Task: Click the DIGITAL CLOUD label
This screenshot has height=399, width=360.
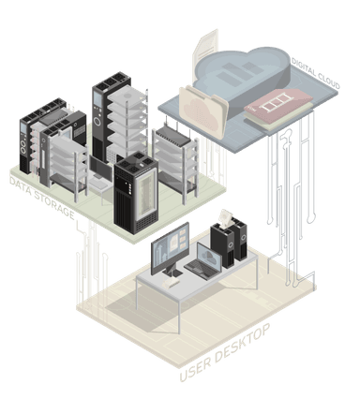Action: [316, 74]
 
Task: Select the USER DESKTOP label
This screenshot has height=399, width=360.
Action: [225, 353]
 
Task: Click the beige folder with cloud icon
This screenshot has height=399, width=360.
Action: [203, 113]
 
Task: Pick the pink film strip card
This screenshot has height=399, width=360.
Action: [278, 104]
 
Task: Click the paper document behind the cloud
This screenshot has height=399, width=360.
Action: [205, 47]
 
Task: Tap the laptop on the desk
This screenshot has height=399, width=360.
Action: [204, 262]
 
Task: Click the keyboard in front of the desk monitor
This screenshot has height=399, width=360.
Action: [172, 283]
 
